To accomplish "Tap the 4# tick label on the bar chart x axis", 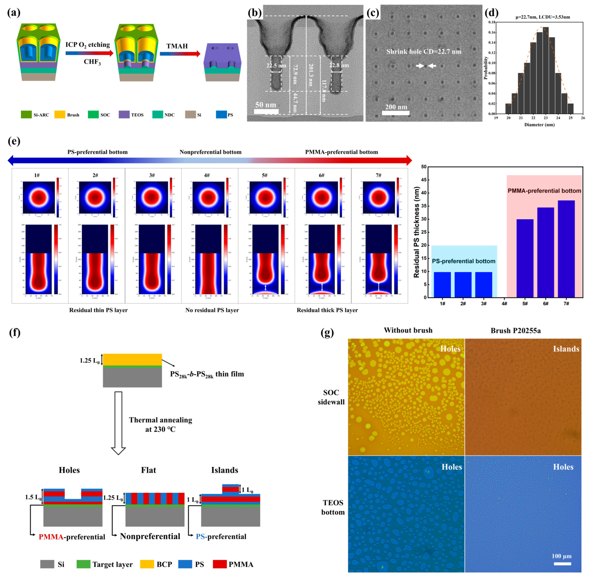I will coord(504,304).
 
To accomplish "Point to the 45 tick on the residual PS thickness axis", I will coord(424,180).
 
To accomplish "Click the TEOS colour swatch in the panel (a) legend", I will coord(124,115).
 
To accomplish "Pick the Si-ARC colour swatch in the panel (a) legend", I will coord(26,115).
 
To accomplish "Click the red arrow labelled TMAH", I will coord(180,54).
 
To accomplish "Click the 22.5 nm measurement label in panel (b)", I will coord(276,65).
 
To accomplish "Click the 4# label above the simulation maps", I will coord(207,175).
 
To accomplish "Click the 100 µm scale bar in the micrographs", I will coord(562,564).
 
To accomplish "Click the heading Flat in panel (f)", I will coord(149,470).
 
